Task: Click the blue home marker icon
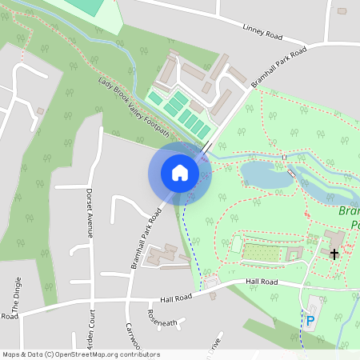(x=179, y=172)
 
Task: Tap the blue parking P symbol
(x=310, y=321)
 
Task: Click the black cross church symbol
(x=334, y=253)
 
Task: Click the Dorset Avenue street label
(x=90, y=213)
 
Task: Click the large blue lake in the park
(x=266, y=175)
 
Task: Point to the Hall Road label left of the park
(x=177, y=297)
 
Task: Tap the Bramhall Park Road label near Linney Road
(x=278, y=67)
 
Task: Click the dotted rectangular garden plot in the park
(x=264, y=253)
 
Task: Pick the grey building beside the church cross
(x=334, y=240)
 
